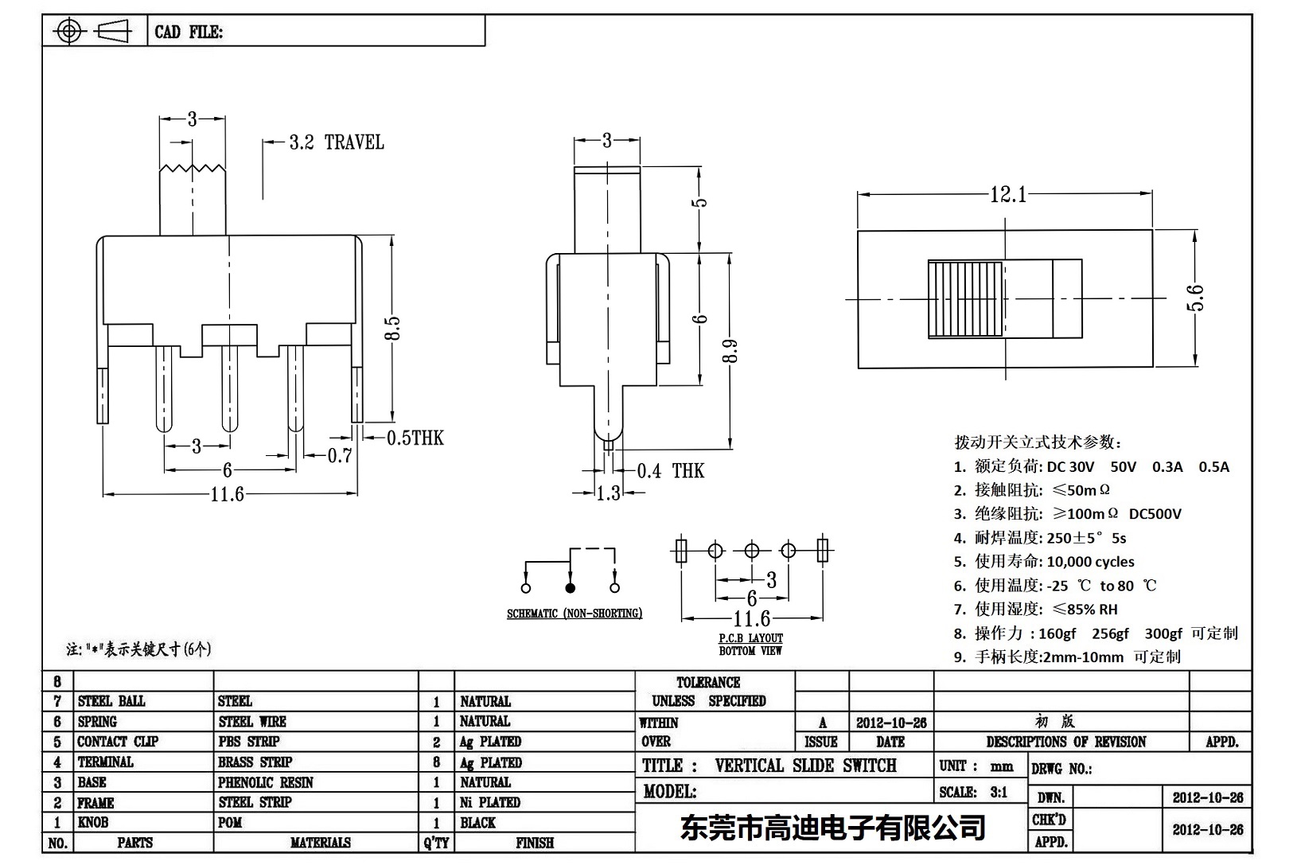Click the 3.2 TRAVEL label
(336, 142)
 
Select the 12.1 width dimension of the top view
(1007, 194)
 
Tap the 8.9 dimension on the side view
(730, 351)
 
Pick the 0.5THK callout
(415, 438)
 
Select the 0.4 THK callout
(670, 471)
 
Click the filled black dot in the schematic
(570, 588)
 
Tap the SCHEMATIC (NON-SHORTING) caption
(574, 614)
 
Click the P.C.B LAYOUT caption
(750, 638)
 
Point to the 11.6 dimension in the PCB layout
(751, 618)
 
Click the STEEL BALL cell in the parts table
(111, 701)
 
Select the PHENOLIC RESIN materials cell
(266, 782)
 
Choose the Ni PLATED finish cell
(489, 802)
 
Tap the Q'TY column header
(436, 843)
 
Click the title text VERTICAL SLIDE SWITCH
(805, 766)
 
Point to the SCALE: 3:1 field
(972, 792)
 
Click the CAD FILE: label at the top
(189, 32)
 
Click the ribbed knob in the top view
(965, 298)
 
